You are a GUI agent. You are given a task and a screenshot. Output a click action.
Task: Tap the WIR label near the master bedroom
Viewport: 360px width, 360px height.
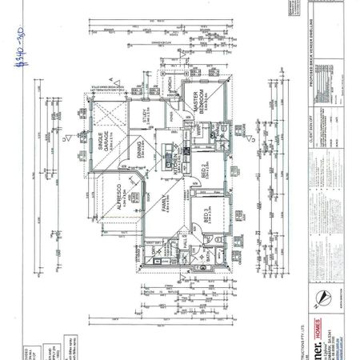pyautogui.click(x=195, y=130)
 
